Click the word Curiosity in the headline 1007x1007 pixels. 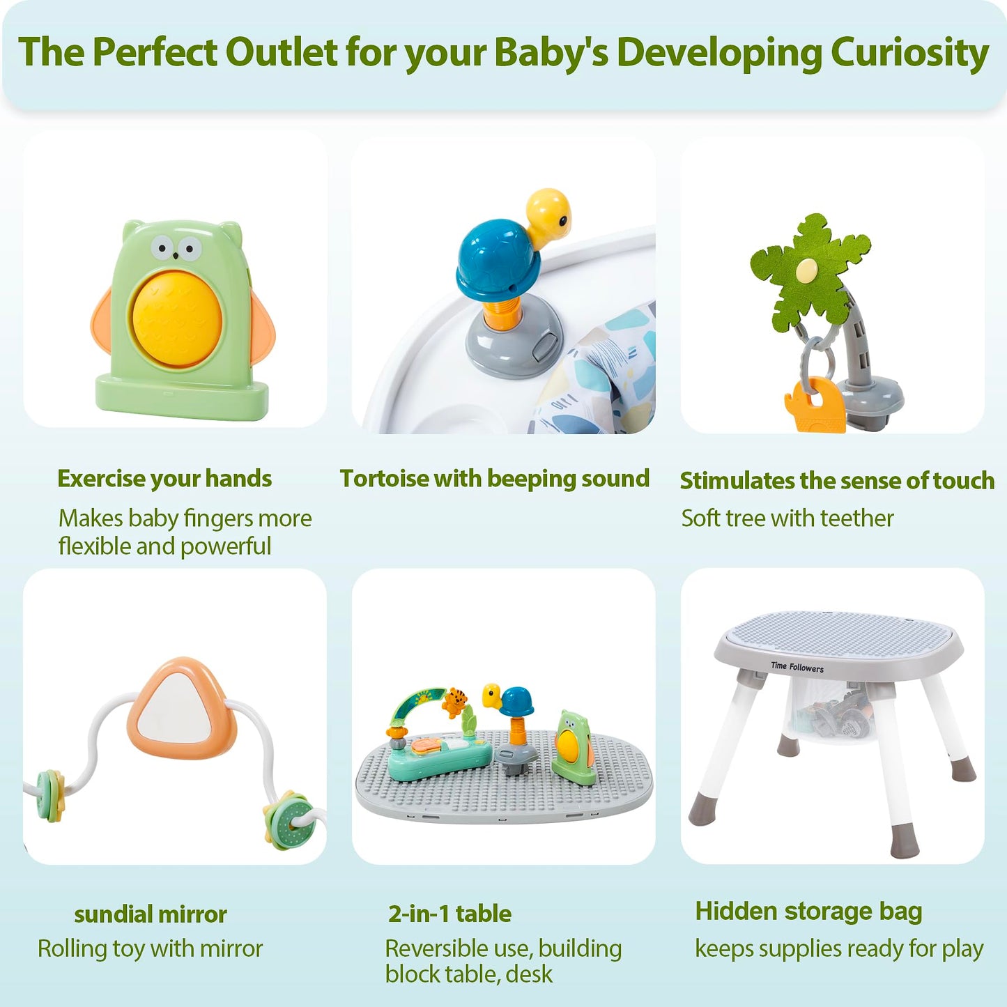(x=909, y=53)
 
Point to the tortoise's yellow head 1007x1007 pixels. (x=548, y=213)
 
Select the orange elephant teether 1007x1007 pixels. (x=814, y=404)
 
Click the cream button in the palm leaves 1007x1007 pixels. (x=806, y=269)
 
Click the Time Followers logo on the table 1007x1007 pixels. (x=797, y=667)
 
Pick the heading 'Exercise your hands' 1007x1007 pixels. (x=164, y=479)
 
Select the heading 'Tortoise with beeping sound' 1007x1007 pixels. (x=494, y=479)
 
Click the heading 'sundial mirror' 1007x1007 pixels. (x=151, y=914)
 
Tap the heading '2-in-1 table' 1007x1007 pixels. (x=449, y=914)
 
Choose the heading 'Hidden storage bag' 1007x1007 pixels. (x=808, y=912)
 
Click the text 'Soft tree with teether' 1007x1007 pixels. (x=787, y=518)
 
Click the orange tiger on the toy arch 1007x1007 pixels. (x=456, y=700)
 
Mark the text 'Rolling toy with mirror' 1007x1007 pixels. (x=150, y=948)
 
